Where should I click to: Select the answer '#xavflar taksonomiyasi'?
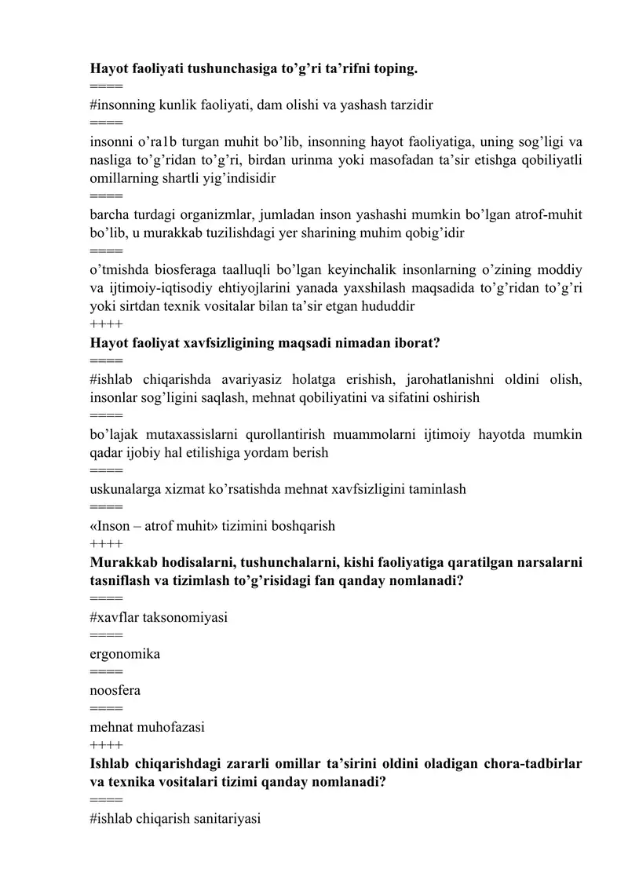[x=159, y=617]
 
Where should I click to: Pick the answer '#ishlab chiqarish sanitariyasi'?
[x=175, y=819]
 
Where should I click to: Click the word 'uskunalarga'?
[x=126, y=489]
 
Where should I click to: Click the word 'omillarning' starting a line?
[x=126, y=177]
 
